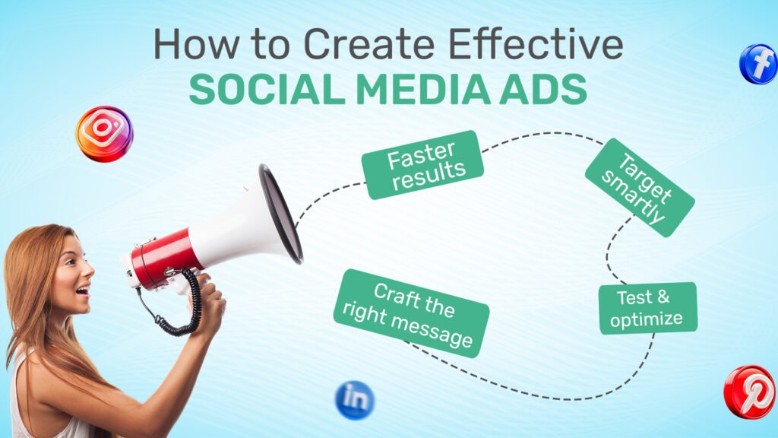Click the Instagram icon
pyautogui.click(x=104, y=134)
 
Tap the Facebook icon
pyautogui.click(x=759, y=64)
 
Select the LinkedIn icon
pyautogui.click(x=355, y=400)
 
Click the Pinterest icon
pyautogui.click(x=750, y=392)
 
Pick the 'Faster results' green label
pyautogui.click(x=422, y=165)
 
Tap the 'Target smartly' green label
pyautogui.click(x=640, y=187)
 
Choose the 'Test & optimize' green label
pyautogui.click(x=648, y=308)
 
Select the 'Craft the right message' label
pyautogui.click(x=411, y=313)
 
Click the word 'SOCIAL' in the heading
pyautogui.click(x=267, y=90)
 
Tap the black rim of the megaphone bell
pyautogui.click(x=280, y=214)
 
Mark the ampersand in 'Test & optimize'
pyautogui.click(x=663, y=297)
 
